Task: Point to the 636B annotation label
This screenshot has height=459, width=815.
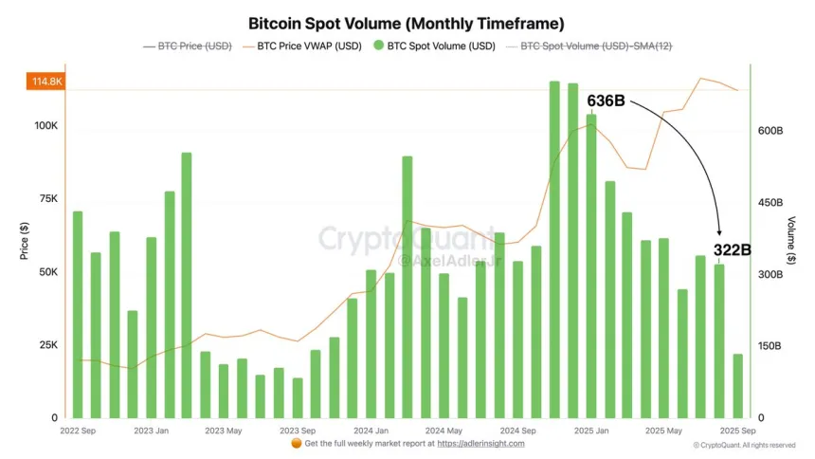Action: (606, 101)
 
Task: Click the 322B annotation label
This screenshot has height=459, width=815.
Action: (732, 250)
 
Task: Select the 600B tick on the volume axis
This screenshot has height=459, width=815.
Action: (769, 131)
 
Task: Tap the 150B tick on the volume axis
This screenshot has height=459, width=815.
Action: (769, 346)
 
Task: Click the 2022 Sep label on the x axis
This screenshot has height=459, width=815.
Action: (78, 431)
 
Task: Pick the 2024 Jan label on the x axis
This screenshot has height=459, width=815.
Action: (367, 431)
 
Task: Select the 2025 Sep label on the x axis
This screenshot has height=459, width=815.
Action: (736, 431)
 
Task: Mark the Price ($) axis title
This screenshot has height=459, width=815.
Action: (24, 242)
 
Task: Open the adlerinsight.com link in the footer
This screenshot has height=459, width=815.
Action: (480, 443)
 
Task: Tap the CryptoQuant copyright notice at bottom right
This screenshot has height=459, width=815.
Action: (744, 445)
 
